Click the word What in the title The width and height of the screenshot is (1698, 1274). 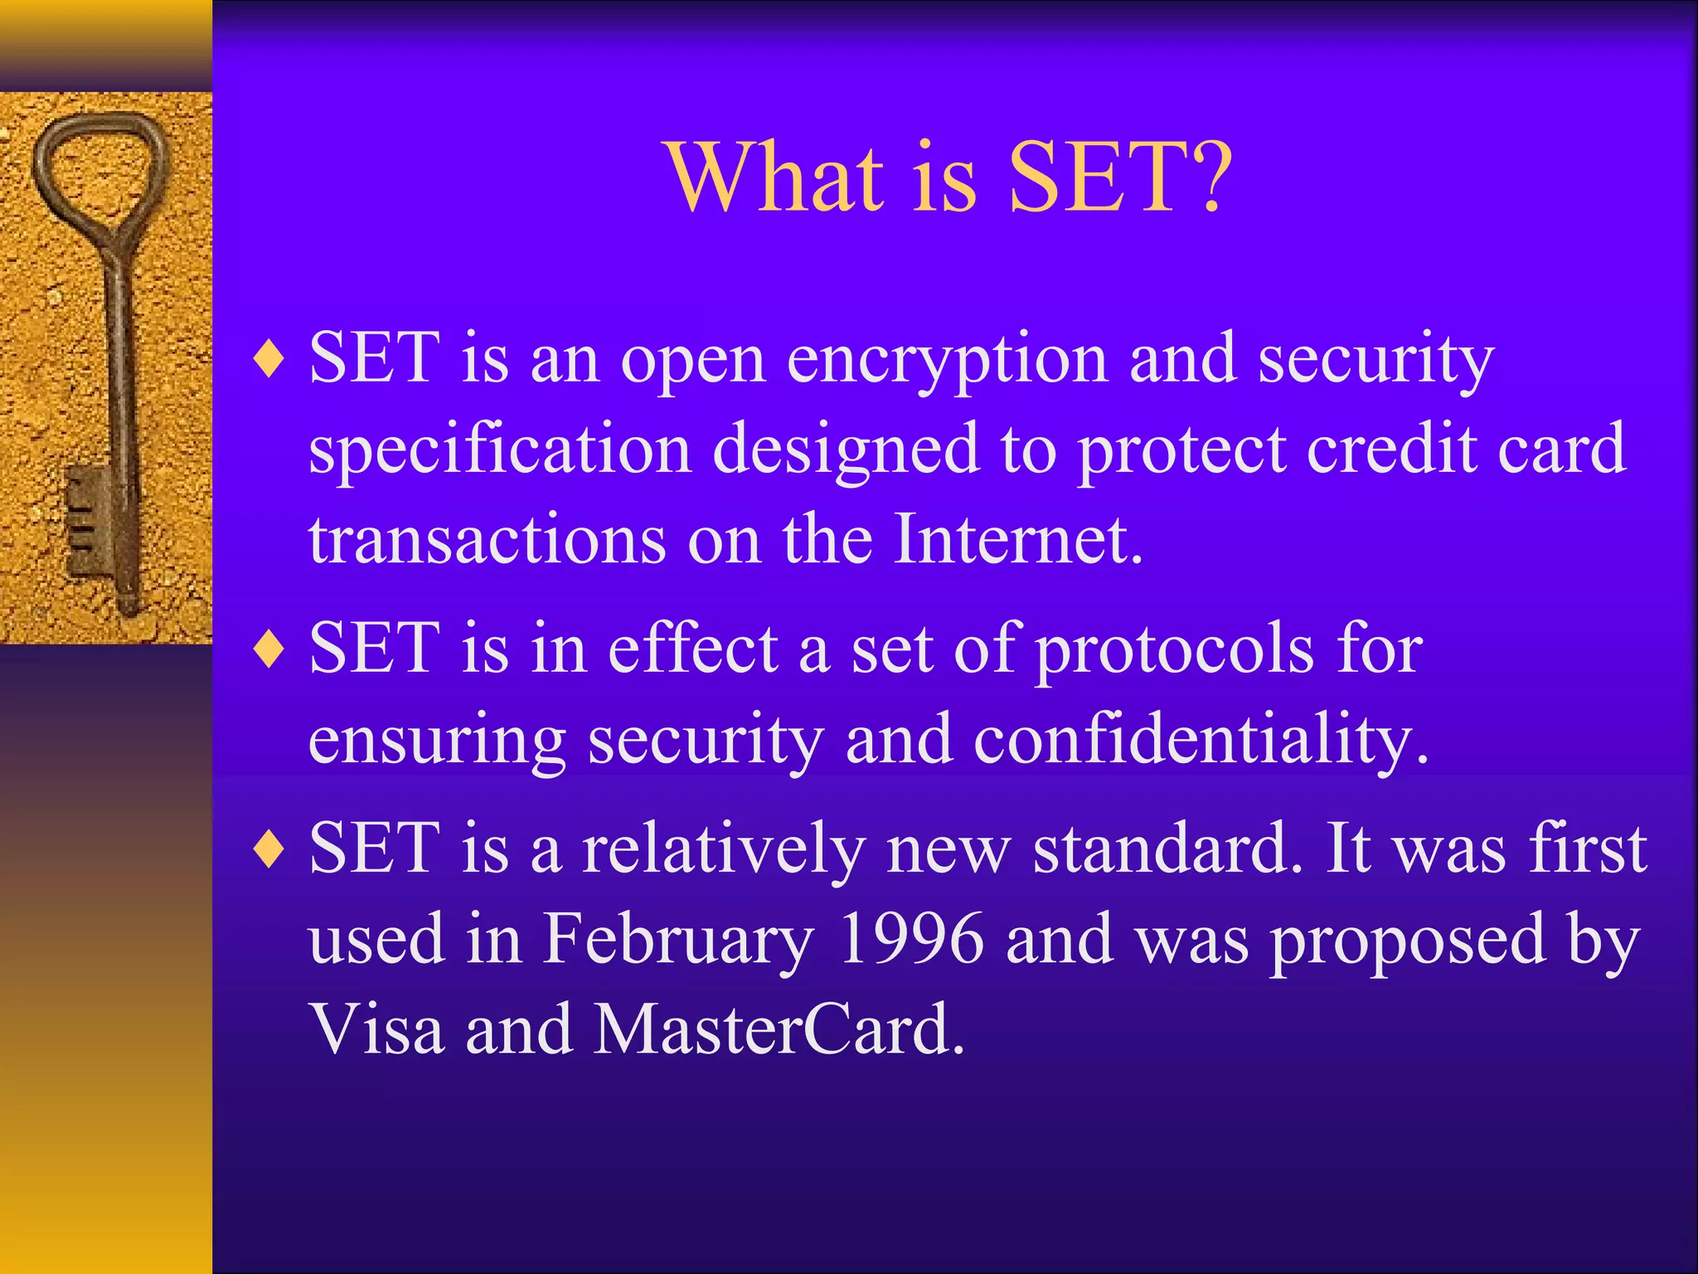[775, 177]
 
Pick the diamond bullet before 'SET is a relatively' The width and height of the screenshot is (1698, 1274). [270, 851]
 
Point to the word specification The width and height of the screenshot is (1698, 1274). [500, 450]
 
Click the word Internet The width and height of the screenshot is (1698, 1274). [1018, 540]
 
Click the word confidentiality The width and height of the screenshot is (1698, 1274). [1200, 740]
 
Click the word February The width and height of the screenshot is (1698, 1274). [677, 940]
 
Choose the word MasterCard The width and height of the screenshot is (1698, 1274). [779, 1029]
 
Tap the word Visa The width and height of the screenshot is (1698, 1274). [377, 1029]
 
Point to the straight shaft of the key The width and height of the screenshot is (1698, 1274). [121, 373]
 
